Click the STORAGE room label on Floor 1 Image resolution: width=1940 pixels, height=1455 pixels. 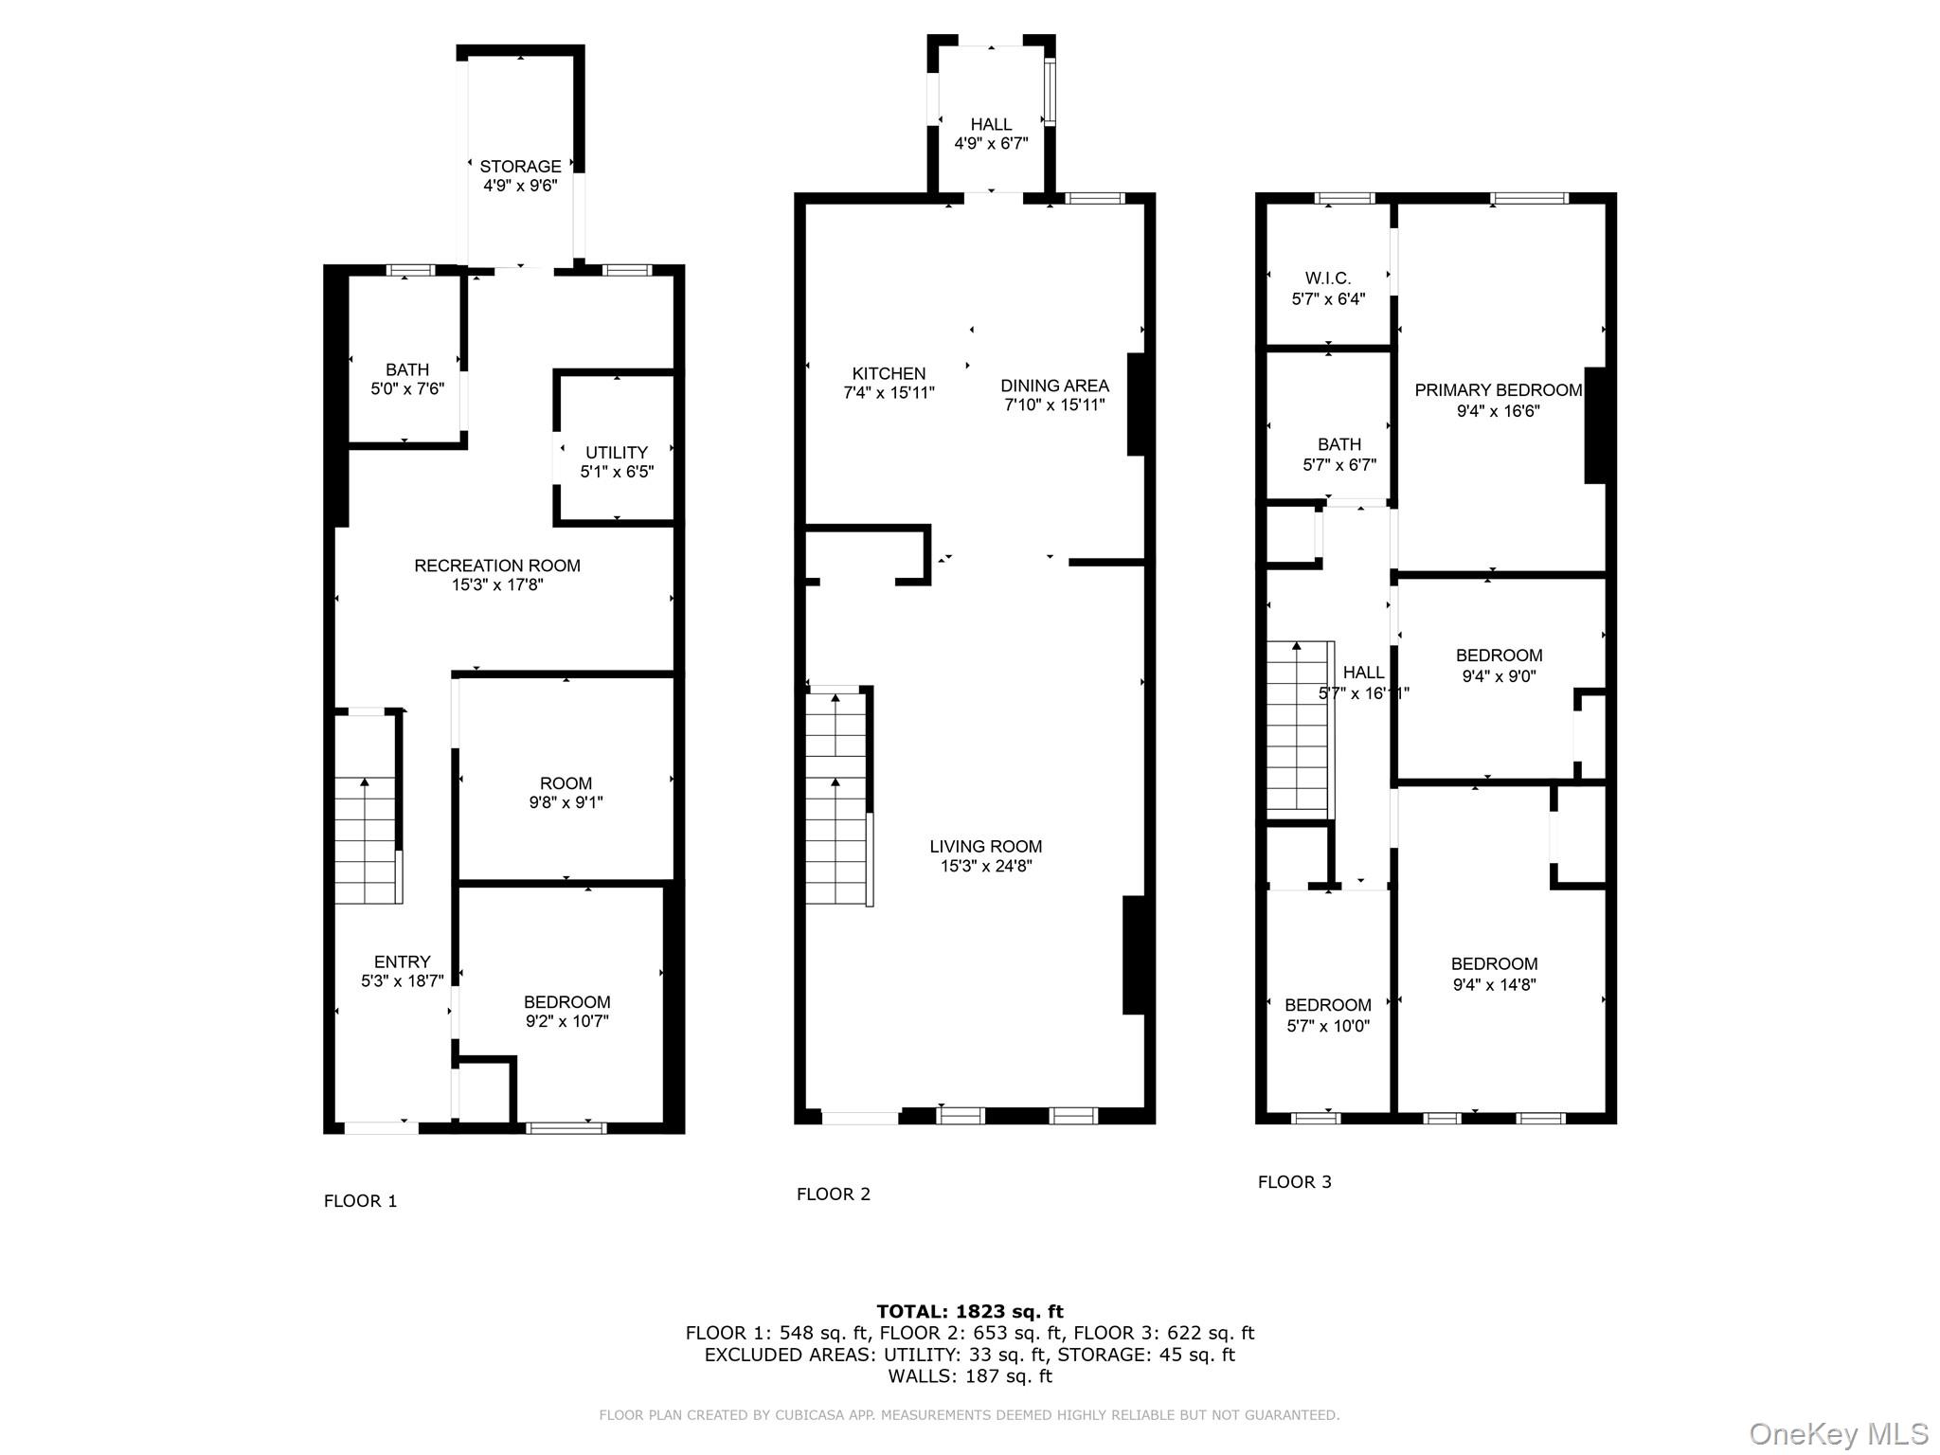520,167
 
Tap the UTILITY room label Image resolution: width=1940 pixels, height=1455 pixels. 617,453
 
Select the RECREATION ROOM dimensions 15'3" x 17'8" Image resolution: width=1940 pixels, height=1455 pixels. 497,585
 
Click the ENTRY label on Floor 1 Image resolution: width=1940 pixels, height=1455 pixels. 402,961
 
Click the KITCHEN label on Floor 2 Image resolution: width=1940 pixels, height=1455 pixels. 889,373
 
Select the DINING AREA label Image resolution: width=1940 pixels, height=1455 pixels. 1054,386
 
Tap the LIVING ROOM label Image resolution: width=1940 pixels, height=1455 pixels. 985,847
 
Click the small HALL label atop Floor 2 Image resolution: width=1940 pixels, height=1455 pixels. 991,124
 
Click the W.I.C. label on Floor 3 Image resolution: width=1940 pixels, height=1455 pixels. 1328,278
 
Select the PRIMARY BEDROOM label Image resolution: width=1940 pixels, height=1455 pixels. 1498,390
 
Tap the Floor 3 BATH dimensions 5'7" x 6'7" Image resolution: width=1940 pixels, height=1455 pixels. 1339,465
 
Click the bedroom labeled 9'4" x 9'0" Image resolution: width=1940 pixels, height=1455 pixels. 1499,665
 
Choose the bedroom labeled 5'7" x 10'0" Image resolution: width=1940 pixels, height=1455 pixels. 1327,1015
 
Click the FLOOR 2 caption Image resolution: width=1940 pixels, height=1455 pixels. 833,1195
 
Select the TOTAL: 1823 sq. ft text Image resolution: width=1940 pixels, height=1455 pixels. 970,1312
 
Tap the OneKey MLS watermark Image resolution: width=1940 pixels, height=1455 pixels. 1839,1434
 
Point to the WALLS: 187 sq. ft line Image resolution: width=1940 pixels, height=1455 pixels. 970,1376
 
